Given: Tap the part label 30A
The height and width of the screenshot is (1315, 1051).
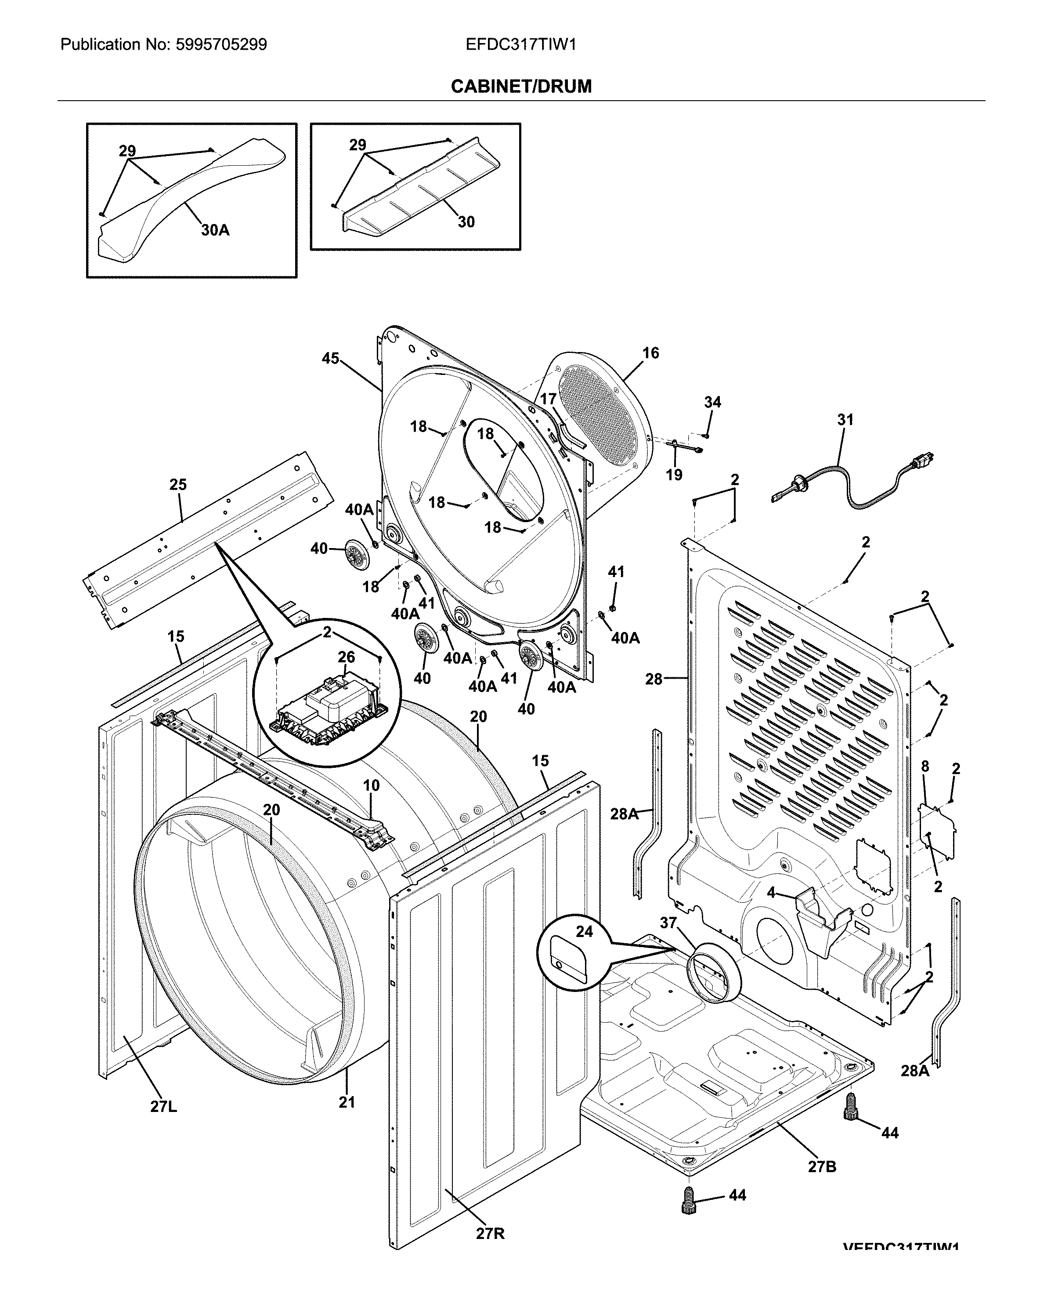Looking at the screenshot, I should coord(215,230).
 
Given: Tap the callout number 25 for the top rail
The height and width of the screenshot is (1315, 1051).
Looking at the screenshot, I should coord(178,485).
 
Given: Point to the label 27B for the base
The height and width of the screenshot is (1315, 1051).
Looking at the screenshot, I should coord(822,1167).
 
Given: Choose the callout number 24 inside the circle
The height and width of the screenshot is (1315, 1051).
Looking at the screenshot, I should coord(584,931).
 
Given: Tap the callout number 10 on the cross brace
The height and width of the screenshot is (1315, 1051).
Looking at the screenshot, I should coord(371,785).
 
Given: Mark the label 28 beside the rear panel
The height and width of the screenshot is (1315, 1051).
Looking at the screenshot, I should coord(654,679).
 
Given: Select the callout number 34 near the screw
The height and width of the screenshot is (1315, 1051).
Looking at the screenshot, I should coord(712,402).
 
